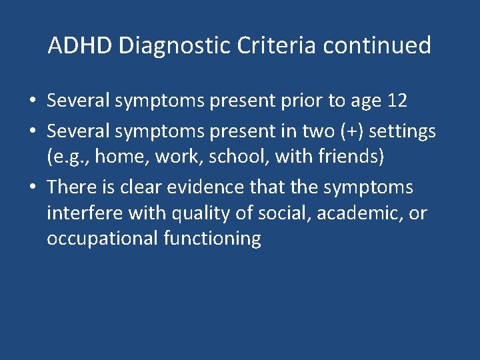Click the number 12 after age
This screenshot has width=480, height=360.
(397, 101)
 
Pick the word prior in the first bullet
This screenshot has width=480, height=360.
(301, 101)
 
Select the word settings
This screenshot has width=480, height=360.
(402, 131)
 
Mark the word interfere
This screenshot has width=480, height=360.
(81, 215)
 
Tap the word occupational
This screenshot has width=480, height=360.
(102, 239)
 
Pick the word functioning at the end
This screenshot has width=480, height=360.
(212, 239)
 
